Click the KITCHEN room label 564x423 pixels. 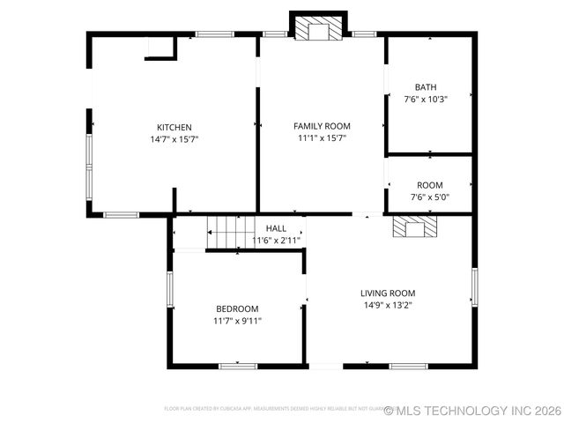pos(174,127)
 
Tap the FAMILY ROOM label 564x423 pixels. pos(322,126)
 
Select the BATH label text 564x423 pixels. pos(426,87)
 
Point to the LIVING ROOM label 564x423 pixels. pos(388,293)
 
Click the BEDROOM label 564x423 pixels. pos(237,308)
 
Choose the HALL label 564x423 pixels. pos(276,228)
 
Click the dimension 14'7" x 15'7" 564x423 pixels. pos(174,139)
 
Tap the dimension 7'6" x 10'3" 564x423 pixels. pos(426,100)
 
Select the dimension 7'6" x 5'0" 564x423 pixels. pos(429,197)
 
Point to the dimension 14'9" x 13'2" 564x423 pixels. pos(388,305)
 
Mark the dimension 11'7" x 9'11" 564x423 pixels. pos(237,321)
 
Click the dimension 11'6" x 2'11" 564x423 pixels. pos(277,240)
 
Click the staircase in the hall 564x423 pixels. pos(230,233)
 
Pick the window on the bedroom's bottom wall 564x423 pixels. pos(238,366)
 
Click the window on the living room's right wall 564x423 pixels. pos(474,287)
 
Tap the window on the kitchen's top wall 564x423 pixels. pos(214,34)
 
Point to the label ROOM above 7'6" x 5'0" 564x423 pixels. pos(430,185)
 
